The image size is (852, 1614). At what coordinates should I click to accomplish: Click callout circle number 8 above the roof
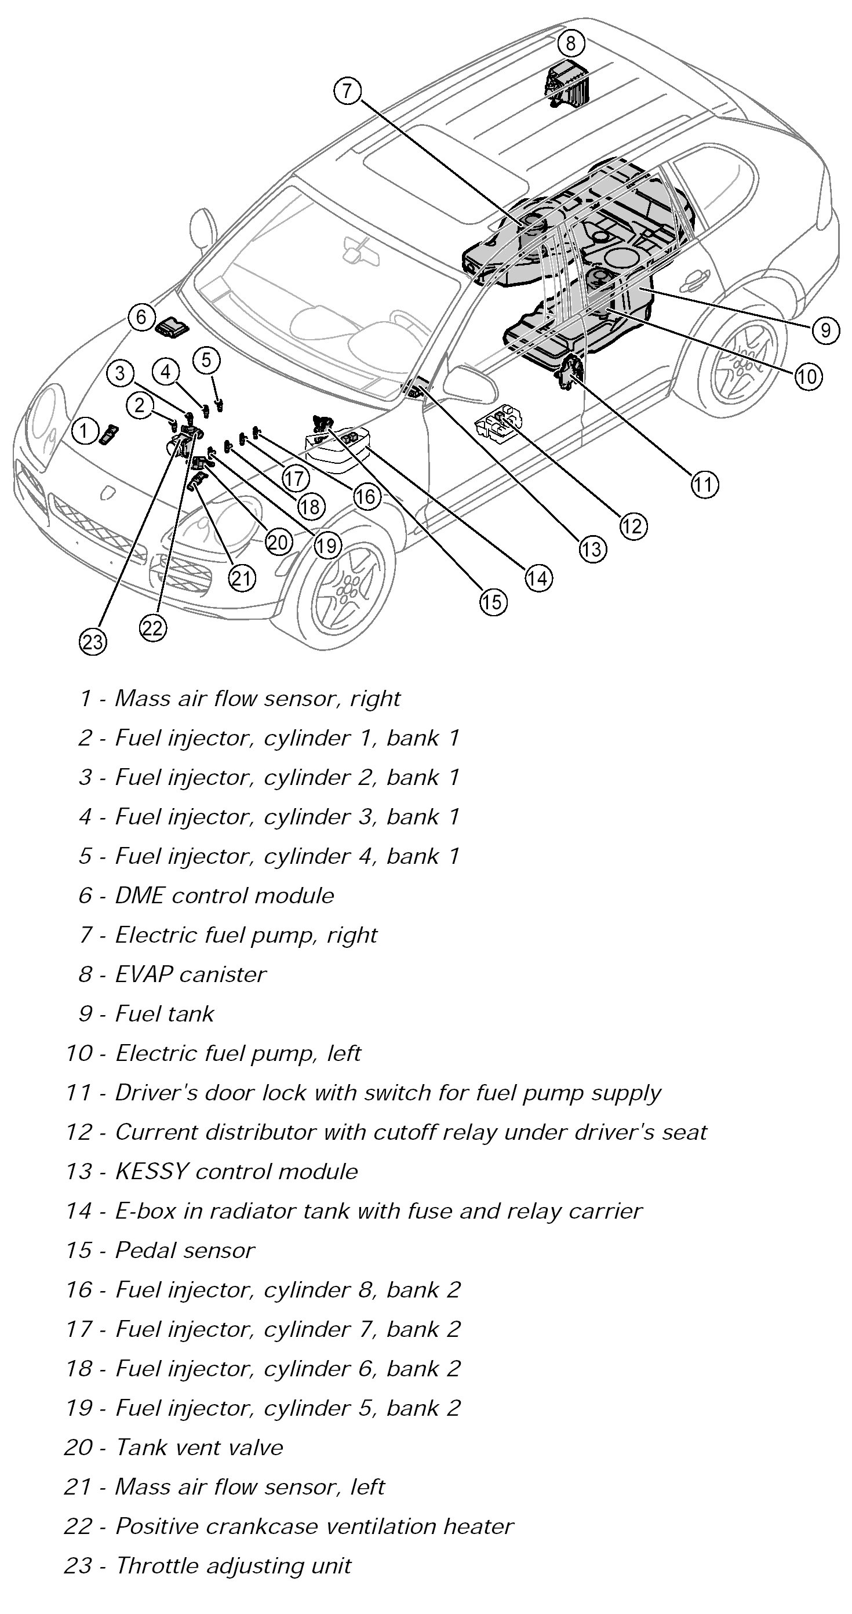coord(570,43)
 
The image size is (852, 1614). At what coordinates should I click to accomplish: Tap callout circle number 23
coord(93,642)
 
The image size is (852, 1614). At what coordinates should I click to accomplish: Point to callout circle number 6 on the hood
coord(141,317)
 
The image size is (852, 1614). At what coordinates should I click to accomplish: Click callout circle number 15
coord(493,602)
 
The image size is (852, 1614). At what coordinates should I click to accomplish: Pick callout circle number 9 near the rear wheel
coord(825,329)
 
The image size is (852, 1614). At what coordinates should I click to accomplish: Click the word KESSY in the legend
coord(152,1172)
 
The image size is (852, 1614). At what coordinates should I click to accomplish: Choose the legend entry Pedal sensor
coord(185,1251)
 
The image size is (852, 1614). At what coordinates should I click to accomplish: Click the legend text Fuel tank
coord(164,1014)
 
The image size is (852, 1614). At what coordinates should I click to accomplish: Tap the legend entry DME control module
coord(224,895)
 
